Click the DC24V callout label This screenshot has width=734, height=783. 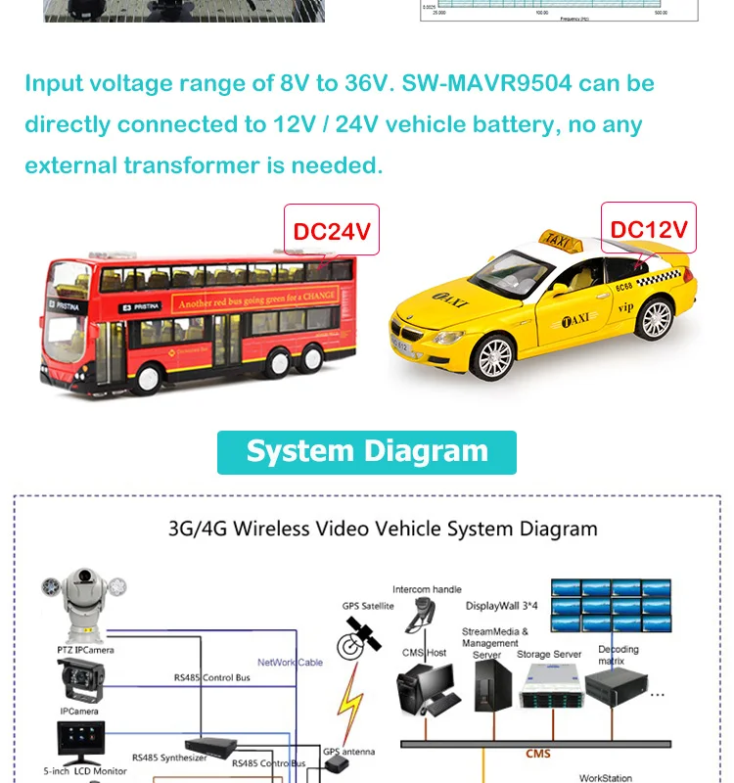(x=332, y=231)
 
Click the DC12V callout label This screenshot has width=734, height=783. (x=649, y=229)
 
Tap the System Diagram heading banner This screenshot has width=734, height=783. (x=367, y=451)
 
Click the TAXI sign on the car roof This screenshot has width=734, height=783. (x=561, y=239)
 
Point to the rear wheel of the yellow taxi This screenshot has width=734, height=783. (x=656, y=319)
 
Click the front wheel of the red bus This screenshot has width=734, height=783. (x=151, y=376)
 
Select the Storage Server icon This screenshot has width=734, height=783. (x=550, y=690)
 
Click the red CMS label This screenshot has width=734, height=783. (x=538, y=754)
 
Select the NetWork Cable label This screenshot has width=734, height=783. (x=290, y=663)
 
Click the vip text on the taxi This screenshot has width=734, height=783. (x=626, y=306)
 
